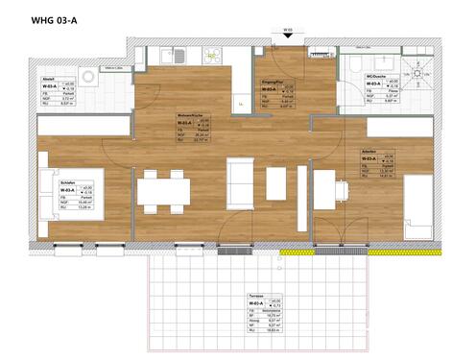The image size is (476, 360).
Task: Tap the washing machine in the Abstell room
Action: [x=89, y=75]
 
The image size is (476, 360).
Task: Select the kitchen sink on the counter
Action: [x=179, y=58]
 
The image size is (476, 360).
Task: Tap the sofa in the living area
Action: [x=239, y=182]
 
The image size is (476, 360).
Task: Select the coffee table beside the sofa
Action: [x=276, y=182]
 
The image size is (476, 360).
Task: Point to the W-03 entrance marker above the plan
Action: [x=287, y=31]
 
